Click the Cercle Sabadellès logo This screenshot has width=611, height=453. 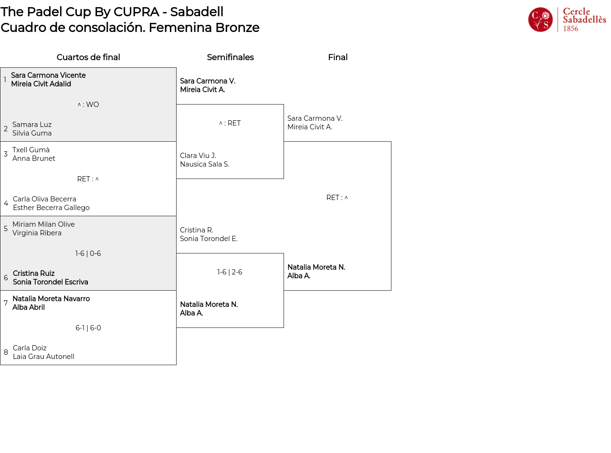click(567, 20)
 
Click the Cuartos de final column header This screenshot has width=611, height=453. click(88, 57)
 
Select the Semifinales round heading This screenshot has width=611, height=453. click(230, 57)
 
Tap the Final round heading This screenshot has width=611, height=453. click(337, 57)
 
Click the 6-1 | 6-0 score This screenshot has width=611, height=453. click(88, 328)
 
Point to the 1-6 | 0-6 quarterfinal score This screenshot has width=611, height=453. click(88, 253)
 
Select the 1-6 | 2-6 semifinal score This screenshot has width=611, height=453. click(230, 272)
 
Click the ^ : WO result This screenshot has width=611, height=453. click(88, 105)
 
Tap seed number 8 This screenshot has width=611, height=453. click(6, 352)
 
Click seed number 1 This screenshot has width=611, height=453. click(5, 80)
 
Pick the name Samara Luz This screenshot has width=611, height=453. click(32, 125)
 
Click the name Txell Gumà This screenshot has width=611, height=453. click(31, 150)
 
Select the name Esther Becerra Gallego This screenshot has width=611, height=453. click(51, 208)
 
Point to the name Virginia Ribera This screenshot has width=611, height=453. click(37, 233)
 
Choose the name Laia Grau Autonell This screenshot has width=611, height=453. click(43, 357)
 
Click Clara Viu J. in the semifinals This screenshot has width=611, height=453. click(198, 156)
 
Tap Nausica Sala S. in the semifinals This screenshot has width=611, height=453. click(204, 164)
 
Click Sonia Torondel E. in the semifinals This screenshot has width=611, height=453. click(209, 239)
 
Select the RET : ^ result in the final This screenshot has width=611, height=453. click(337, 198)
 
